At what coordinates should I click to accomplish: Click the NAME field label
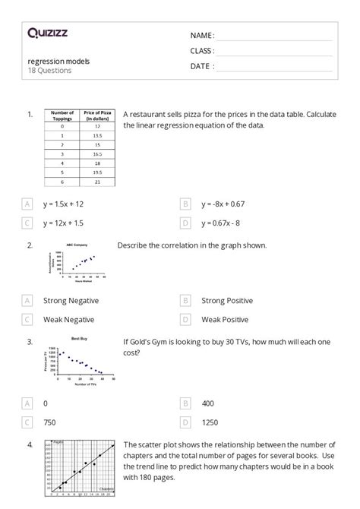[x=202, y=36]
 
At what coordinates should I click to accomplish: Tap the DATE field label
[x=202, y=66]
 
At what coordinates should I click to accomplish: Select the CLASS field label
[x=202, y=51]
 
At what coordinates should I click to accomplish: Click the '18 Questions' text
[x=49, y=71]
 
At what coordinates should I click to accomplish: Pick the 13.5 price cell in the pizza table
[x=97, y=134]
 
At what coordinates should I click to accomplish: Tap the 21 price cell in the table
[x=97, y=182]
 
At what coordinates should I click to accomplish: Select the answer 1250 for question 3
[x=210, y=422]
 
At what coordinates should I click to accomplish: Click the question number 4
[x=30, y=444]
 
